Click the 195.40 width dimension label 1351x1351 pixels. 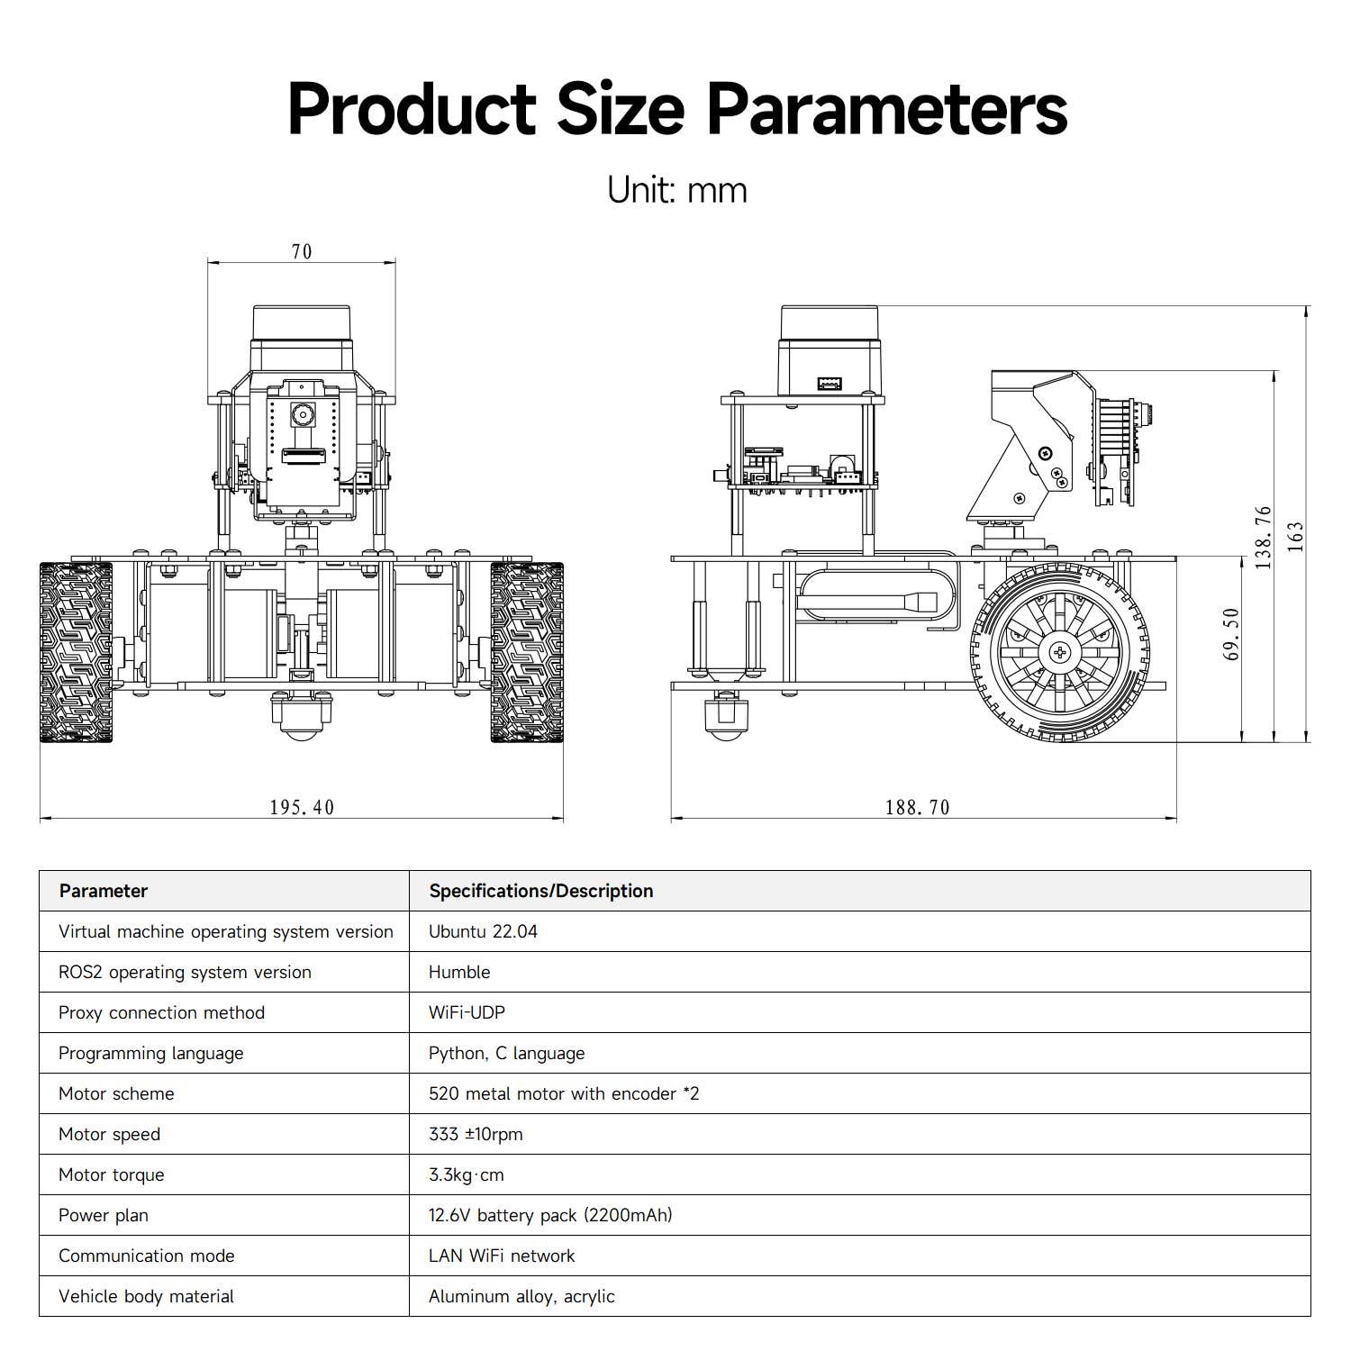(302, 807)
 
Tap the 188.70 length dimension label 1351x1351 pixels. (917, 807)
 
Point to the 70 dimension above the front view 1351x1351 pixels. (302, 251)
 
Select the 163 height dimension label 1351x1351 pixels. (1295, 537)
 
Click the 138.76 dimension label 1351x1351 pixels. (1264, 537)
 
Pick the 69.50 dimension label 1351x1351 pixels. (1232, 634)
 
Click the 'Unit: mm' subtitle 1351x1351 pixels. (677, 190)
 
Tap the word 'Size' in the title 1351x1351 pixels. (621, 109)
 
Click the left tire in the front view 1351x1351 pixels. (77, 652)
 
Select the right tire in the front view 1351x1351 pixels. (527, 652)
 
